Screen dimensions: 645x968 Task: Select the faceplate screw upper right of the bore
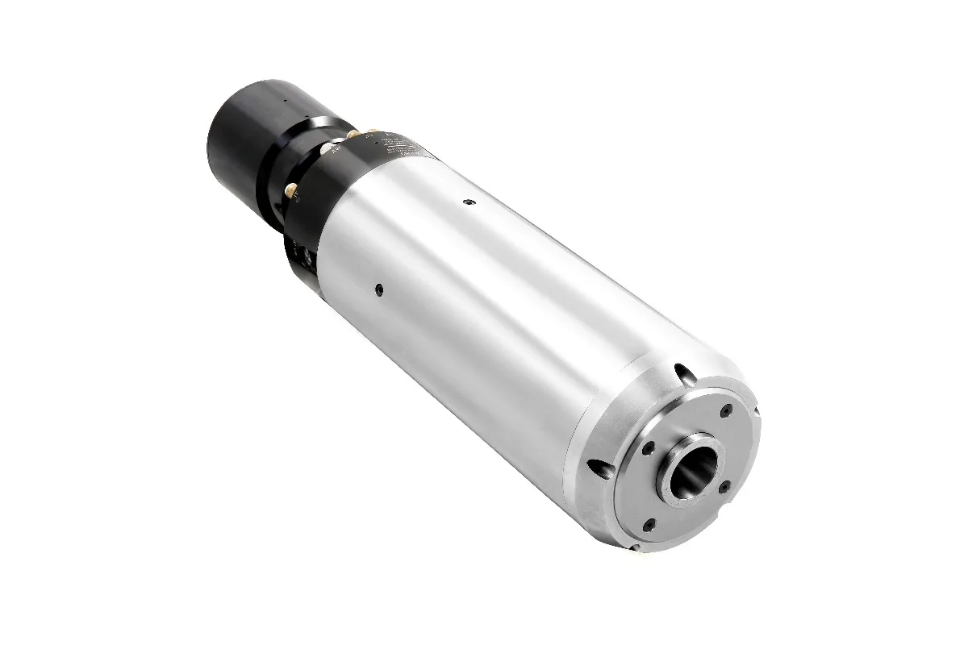click(x=724, y=410)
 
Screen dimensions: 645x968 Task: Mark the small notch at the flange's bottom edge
click(x=635, y=548)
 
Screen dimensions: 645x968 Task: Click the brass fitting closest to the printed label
click(x=373, y=131)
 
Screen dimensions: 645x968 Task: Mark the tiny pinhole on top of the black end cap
click(x=284, y=101)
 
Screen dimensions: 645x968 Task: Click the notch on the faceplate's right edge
click(x=756, y=413)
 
